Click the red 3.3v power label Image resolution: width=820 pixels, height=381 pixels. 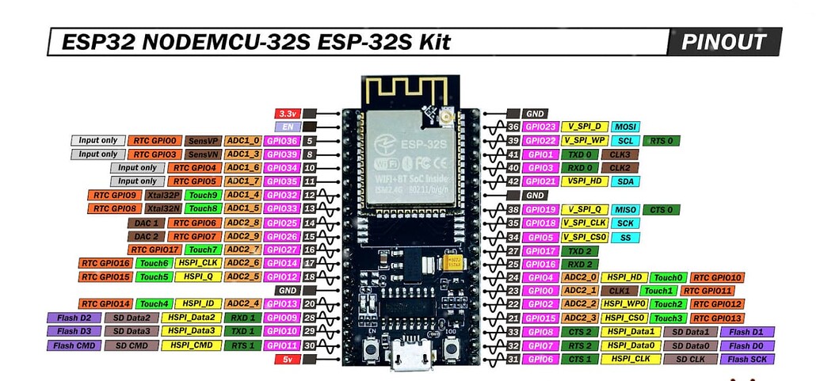(286, 113)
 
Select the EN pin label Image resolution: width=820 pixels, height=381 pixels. (286, 127)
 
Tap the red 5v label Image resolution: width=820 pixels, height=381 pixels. (286, 359)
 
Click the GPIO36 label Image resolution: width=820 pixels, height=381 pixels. (282, 140)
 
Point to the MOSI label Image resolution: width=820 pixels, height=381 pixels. (625, 127)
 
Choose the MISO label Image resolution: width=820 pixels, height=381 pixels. (625, 210)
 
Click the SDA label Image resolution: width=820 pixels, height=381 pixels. (625, 181)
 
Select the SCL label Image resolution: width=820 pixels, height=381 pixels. (625, 141)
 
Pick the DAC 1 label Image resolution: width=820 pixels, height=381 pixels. (146, 223)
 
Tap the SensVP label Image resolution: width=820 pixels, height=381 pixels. (204, 140)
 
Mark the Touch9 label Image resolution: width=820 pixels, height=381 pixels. (203, 195)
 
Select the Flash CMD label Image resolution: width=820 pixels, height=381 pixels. (74, 345)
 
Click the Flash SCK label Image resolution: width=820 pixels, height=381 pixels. (747, 359)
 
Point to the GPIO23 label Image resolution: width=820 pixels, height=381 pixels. (540, 127)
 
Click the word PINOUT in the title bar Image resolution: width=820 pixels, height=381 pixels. (723, 41)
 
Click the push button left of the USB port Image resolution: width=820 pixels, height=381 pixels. (370, 349)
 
